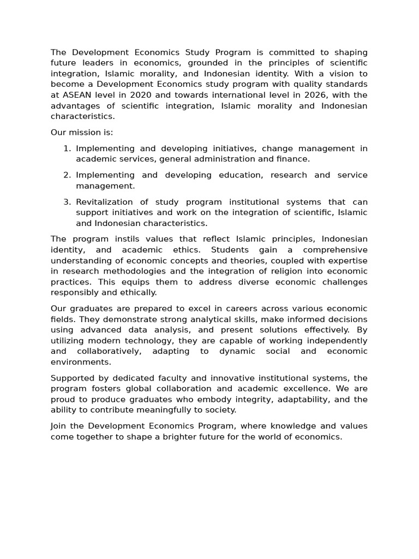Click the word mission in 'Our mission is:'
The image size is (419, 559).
[x=86, y=133]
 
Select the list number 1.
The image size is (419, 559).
[x=67, y=148]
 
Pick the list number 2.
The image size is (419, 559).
[x=67, y=175]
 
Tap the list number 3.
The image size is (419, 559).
[x=67, y=202]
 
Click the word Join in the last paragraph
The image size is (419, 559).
[x=59, y=426]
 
